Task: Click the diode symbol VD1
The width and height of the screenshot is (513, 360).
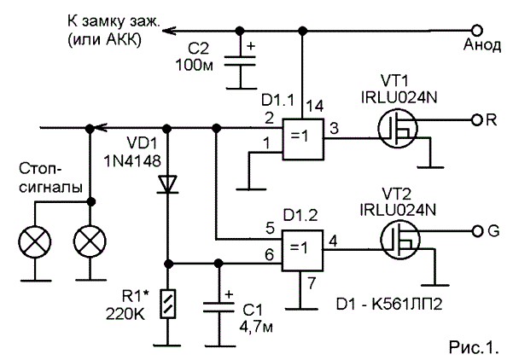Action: coord(167,184)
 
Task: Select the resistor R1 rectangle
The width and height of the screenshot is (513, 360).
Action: coord(168,304)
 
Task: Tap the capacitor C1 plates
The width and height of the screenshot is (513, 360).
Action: coord(219,308)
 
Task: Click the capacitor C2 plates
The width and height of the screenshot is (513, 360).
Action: coord(240,61)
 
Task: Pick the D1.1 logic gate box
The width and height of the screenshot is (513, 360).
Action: coord(303,139)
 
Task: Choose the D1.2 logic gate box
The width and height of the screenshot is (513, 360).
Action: coord(303,251)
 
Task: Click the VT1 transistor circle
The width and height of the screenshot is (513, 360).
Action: coord(398,129)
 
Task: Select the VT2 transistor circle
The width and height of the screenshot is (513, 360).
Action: coord(400,241)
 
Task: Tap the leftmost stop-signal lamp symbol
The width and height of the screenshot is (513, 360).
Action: coord(35,242)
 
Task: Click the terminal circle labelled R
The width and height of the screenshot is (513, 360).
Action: coord(477,120)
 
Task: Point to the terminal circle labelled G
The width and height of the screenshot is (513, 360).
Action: coord(477,231)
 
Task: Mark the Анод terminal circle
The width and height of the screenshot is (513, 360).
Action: coord(477,31)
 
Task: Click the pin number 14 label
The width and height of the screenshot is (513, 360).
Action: coord(314,107)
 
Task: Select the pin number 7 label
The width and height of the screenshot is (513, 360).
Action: coord(311,283)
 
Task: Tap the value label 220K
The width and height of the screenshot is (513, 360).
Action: coord(125,314)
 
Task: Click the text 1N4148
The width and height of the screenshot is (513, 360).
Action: coord(132,161)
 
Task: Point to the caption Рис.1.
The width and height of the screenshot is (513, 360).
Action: coord(474,347)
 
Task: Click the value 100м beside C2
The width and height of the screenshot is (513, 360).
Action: coord(195,65)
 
